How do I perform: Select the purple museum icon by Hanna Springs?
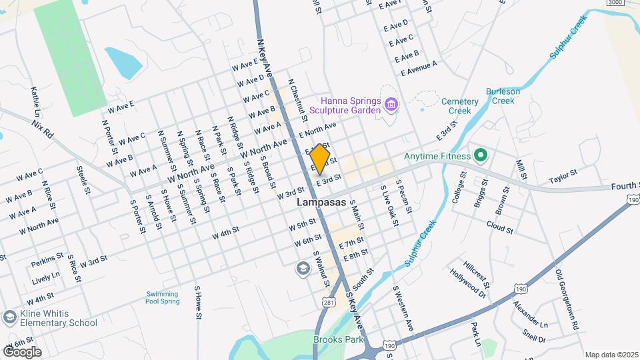click(x=391, y=105)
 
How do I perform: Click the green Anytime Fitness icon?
click(x=480, y=157)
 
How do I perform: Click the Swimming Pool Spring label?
click(x=163, y=297)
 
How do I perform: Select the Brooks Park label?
click(x=339, y=339)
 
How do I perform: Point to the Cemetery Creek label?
click(x=460, y=106)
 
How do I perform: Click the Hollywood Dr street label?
click(x=468, y=282)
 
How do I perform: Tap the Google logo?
click(x=22, y=351)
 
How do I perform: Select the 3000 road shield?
click(x=616, y=3)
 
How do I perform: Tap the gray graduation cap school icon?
click(x=302, y=267)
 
